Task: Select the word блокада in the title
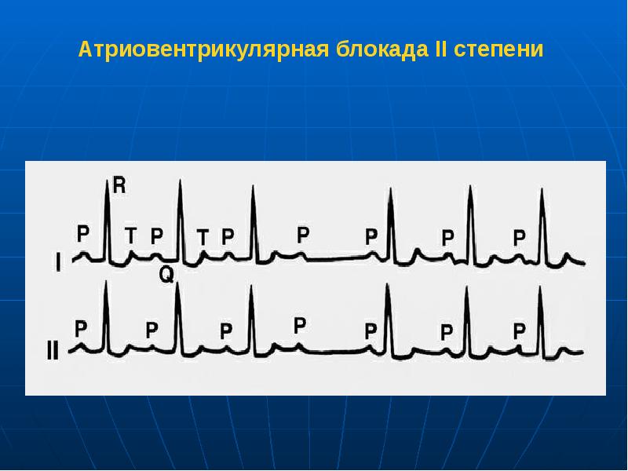click(x=380, y=50)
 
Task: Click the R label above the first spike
click(x=119, y=185)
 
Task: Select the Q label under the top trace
click(x=166, y=274)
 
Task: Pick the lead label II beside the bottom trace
click(x=53, y=350)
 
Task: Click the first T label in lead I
click(x=130, y=234)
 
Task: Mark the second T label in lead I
click(x=203, y=235)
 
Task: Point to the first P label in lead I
click(x=83, y=233)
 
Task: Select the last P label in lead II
click(x=519, y=330)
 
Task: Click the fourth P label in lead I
click(x=303, y=234)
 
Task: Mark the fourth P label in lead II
click(x=299, y=325)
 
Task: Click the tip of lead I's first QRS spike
click(x=107, y=182)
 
